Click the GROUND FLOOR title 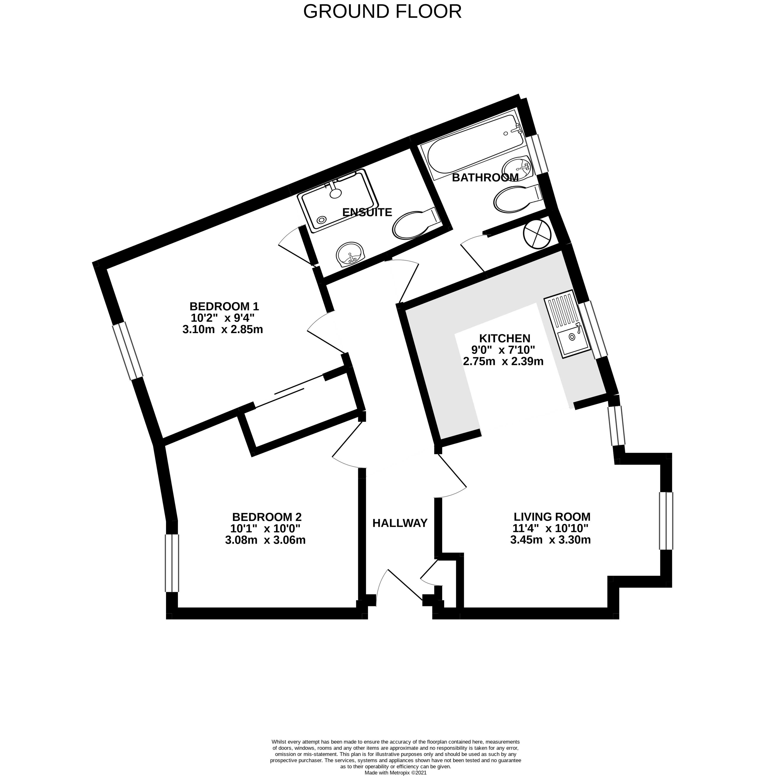382,12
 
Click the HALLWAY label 400,523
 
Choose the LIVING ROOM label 552,517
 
